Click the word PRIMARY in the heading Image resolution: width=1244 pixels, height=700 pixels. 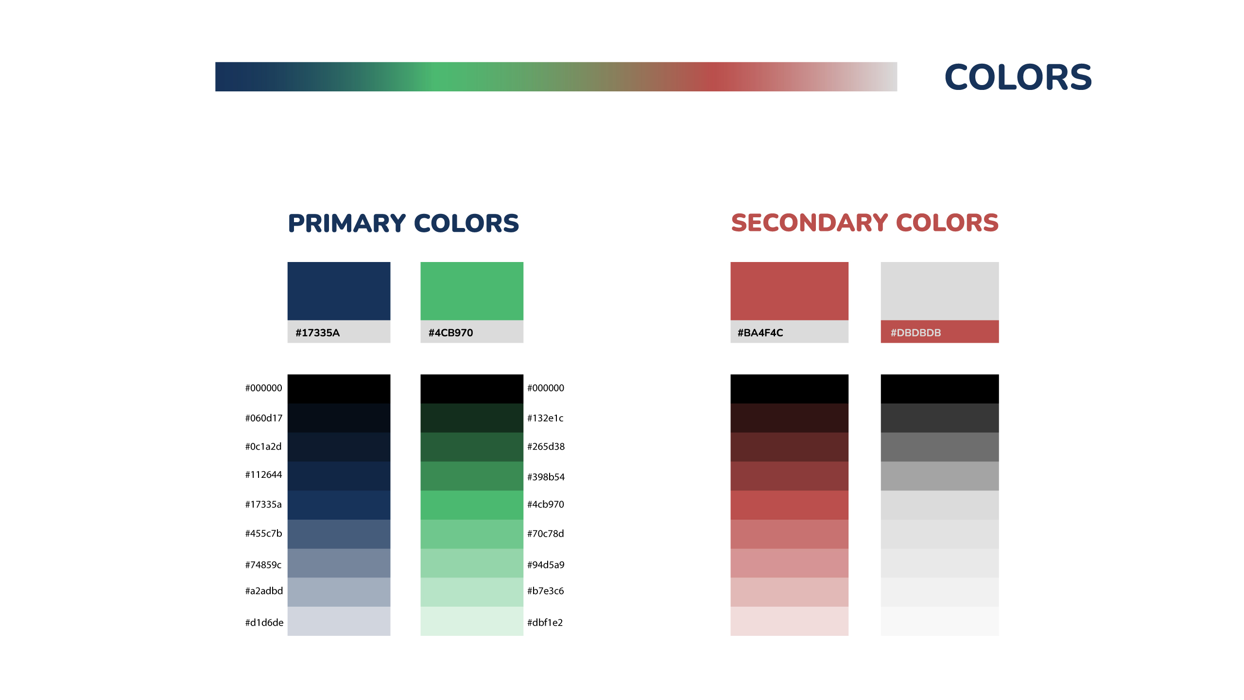(346, 223)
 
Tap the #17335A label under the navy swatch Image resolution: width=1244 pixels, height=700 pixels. (318, 332)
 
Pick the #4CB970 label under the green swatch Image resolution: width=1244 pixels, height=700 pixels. (450, 332)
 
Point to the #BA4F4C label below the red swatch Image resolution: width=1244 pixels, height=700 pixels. (760, 332)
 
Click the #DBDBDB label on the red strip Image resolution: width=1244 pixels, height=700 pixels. (916, 332)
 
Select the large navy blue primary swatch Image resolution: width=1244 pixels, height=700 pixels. (339, 291)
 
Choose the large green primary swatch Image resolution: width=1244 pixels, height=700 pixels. (472, 291)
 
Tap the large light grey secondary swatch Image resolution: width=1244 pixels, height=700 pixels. (940, 291)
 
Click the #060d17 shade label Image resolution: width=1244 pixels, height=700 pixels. (263, 418)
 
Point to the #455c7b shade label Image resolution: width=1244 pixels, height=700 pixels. (263, 533)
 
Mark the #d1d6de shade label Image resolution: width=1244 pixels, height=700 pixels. (264, 622)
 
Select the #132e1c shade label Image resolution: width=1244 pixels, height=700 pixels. (545, 418)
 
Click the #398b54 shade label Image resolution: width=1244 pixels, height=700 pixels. (546, 477)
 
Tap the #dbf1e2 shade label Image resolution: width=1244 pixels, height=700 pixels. (545, 622)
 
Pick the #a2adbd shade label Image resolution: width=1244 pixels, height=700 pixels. (264, 591)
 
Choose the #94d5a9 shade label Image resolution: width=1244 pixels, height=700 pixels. (546, 564)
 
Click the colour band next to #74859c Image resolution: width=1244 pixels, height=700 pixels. (339, 563)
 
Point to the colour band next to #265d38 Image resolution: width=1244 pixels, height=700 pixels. (472, 447)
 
